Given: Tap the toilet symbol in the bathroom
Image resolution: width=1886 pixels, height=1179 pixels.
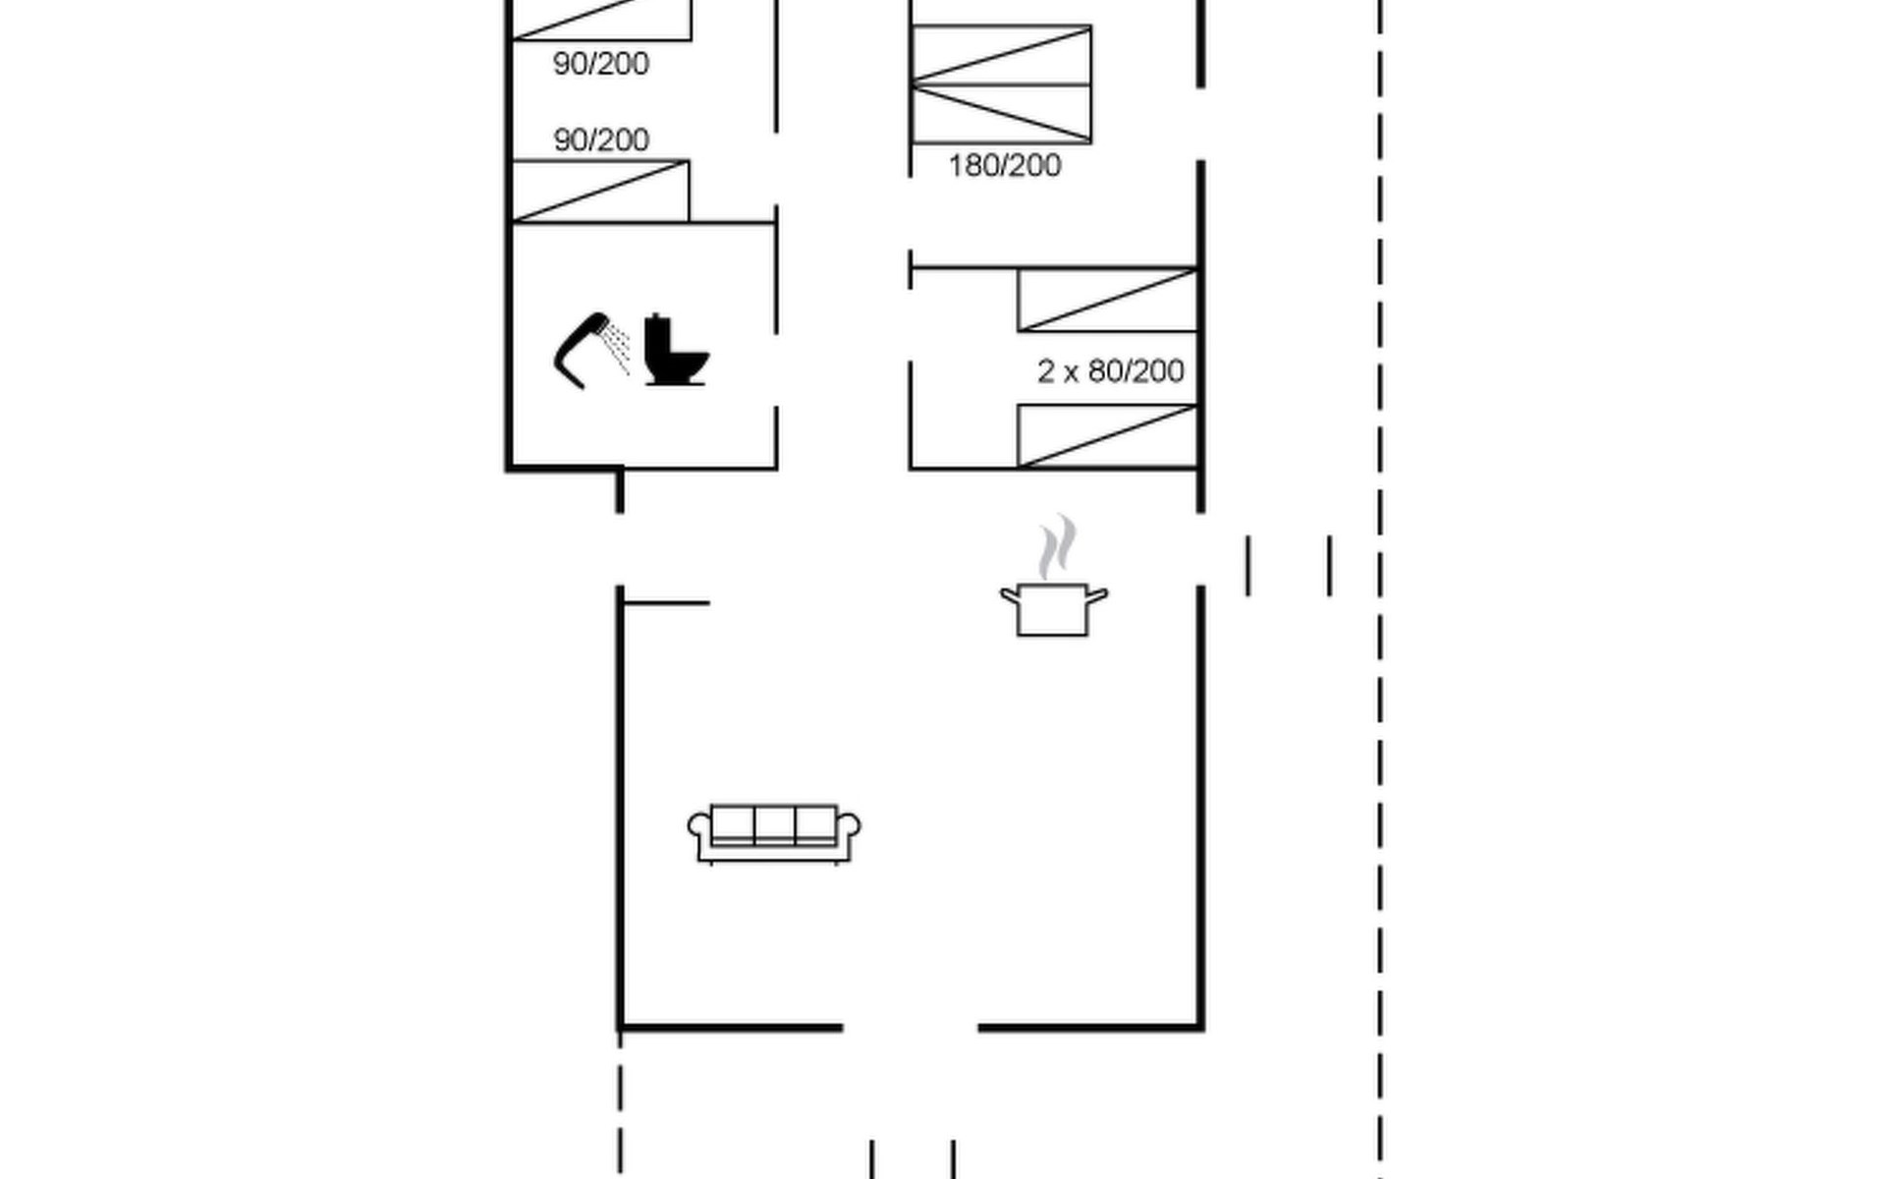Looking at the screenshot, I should click(675, 351).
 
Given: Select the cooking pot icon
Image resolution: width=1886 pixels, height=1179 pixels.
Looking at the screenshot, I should click(1052, 609).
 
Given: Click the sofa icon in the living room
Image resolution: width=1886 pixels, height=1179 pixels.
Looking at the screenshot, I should click(774, 834).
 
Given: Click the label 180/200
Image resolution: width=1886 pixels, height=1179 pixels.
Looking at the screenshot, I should click(1004, 165).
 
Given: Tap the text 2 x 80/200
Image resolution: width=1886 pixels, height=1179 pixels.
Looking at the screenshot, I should click(1110, 371).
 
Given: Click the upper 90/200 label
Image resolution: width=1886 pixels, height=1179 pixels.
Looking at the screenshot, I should click(600, 64).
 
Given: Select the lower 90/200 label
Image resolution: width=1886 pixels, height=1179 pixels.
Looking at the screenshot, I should click(600, 140).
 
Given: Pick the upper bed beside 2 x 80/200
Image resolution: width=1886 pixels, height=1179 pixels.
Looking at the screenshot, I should click(1107, 300).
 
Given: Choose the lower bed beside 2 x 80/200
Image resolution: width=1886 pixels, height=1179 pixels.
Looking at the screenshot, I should click(1107, 435).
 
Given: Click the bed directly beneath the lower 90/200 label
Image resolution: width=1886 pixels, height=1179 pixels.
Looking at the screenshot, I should click(600, 192).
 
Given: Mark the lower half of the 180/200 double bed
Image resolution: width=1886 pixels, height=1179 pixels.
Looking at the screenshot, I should click(1001, 114).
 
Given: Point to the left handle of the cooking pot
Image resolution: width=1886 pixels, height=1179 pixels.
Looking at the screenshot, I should click(1010, 595).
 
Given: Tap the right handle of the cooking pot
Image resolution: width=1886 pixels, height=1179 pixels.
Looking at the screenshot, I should click(1097, 595).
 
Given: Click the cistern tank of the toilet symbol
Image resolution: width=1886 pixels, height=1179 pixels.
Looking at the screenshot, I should click(657, 331).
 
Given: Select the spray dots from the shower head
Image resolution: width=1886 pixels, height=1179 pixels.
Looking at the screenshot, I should click(617, 346).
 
